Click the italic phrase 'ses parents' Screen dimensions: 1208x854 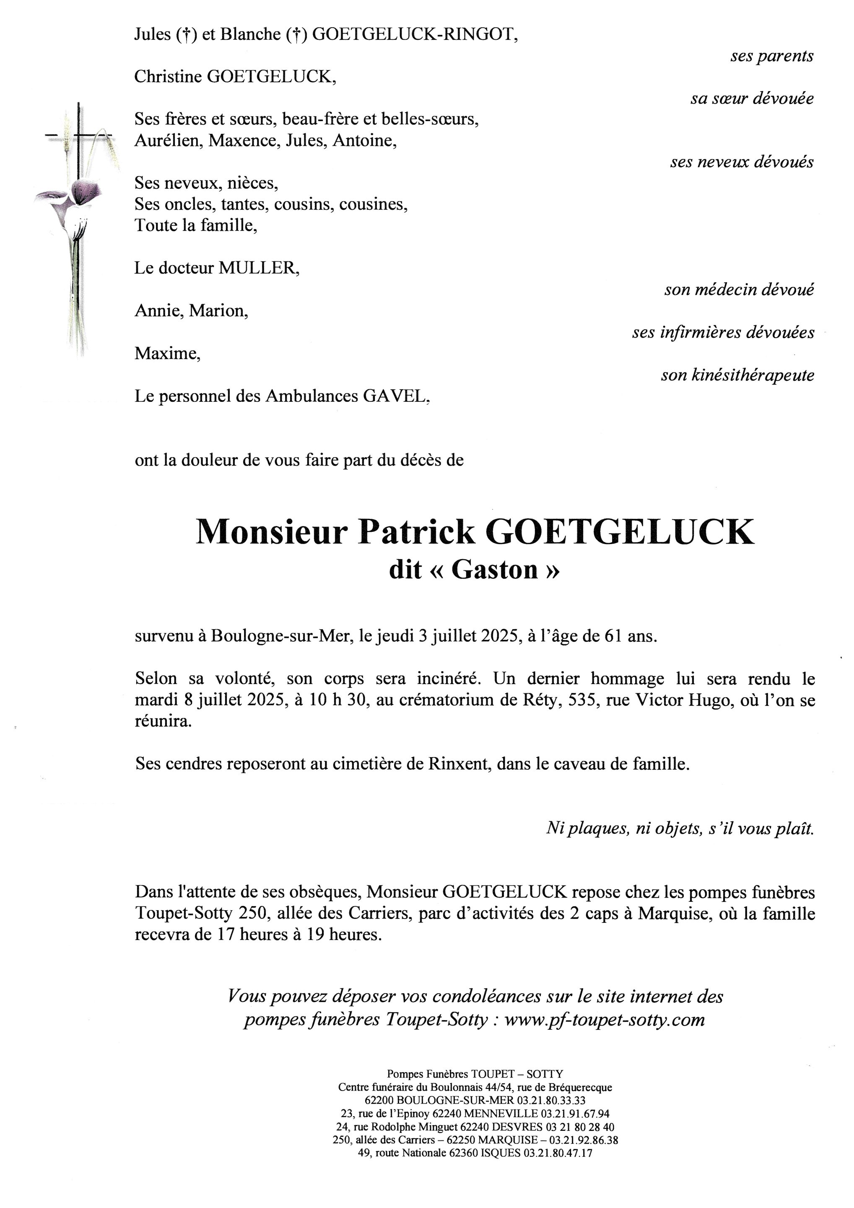(x=771, y=56)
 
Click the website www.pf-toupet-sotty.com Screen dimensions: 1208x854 (x=604, y=1020)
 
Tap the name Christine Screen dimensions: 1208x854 (x=168, y=77)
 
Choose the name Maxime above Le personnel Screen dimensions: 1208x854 (x=167, y=354)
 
